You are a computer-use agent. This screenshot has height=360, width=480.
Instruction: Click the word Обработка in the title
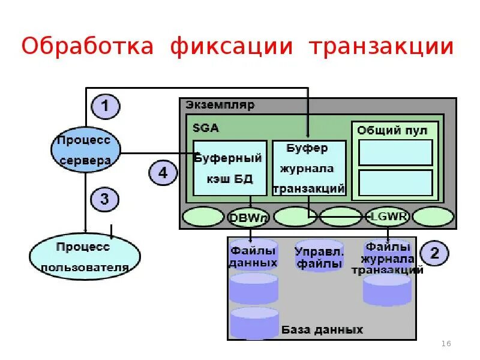click(x=87, y=46)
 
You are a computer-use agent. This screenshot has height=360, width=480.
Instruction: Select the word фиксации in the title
click(x=232, y=46)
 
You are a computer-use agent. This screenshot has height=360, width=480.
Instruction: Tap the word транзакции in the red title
click(x=381, y=46)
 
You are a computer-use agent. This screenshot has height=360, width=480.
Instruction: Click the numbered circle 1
click(x=105, y=107)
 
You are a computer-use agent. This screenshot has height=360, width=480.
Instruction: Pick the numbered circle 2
click(x=434, y=253)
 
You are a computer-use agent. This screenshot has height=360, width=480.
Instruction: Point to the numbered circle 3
click(x=105, y=199)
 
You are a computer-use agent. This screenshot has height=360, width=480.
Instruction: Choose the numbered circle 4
click(x=163, y=173)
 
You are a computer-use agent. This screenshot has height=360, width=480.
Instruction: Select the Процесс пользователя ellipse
click(x=85, y=256)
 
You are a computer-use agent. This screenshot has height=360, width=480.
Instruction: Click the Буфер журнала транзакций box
click(x=309, y=168)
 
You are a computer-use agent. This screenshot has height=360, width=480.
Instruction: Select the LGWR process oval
click(x=388, y=217)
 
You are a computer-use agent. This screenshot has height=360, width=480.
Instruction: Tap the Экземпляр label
click(x=220, y=105)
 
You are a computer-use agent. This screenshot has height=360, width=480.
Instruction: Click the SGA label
click(x=205, y=127)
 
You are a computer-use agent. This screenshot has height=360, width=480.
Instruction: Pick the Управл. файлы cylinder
click(x=319, y=257)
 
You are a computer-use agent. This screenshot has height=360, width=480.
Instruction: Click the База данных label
click(x=322, y=330)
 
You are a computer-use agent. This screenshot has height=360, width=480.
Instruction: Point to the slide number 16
click(x=446, y=343)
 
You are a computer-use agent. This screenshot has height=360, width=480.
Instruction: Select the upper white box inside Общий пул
click(x=395, y=152)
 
